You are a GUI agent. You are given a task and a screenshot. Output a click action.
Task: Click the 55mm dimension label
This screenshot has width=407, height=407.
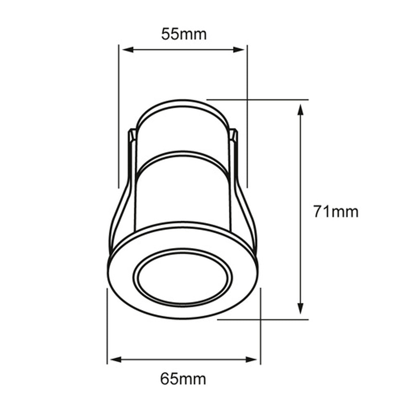(184, 34)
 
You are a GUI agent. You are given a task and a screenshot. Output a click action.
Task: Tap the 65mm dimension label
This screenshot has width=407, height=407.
(183, 379)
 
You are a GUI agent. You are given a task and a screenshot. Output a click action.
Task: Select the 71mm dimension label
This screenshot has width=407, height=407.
(336, 212)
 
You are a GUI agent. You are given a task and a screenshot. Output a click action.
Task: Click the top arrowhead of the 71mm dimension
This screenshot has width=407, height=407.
(300, 109)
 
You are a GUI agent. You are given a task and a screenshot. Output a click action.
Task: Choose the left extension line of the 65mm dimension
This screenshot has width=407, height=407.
(107, 326)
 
